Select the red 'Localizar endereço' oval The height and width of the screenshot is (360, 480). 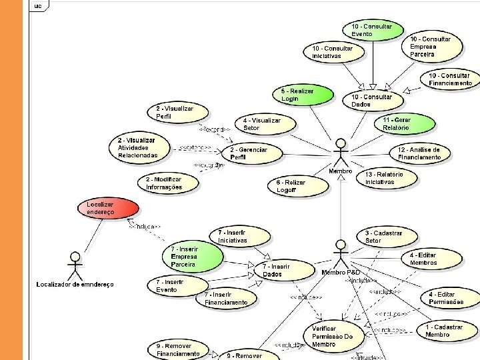(101, 207)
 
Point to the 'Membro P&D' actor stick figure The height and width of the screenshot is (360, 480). (340, 253)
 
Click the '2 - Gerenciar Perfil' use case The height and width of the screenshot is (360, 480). (253, 153)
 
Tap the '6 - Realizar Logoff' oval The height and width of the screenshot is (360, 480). (297, 186)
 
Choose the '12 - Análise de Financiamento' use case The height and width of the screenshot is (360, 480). (421, 153)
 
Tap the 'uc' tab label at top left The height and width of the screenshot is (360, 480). (38, 5)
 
